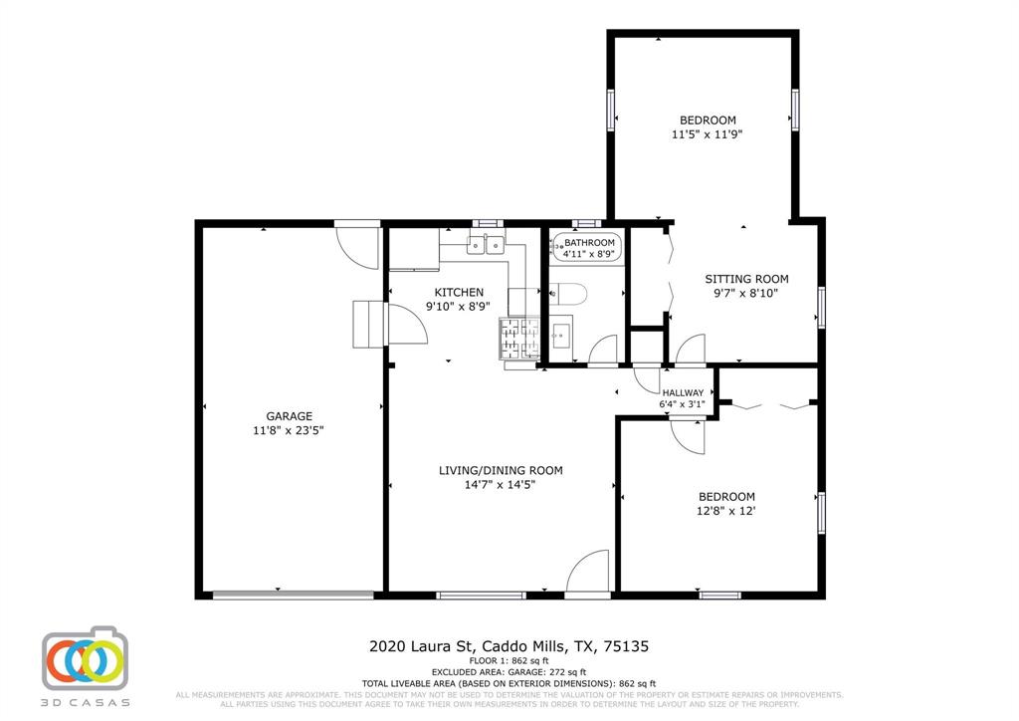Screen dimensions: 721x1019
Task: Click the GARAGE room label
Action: (289, 416)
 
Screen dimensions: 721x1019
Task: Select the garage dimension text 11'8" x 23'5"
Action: (289, 430)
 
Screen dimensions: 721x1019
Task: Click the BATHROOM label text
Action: (590, 242)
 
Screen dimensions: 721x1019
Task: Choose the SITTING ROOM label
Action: (746, 279)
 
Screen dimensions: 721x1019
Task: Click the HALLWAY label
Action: (683, 392)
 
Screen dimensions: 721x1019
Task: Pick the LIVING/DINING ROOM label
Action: (502, 470)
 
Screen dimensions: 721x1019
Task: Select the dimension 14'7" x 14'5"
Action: (502, 485)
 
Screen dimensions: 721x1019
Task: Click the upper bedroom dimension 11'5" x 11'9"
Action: (708, 133)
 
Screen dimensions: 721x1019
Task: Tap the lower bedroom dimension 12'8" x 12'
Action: (725, 511)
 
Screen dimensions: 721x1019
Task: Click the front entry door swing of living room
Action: (588, 573)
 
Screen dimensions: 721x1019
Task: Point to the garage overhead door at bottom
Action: (294, 596)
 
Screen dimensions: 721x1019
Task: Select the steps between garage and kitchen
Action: (367, 324)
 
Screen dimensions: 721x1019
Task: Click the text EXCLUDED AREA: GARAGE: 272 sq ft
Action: (509, 671)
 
